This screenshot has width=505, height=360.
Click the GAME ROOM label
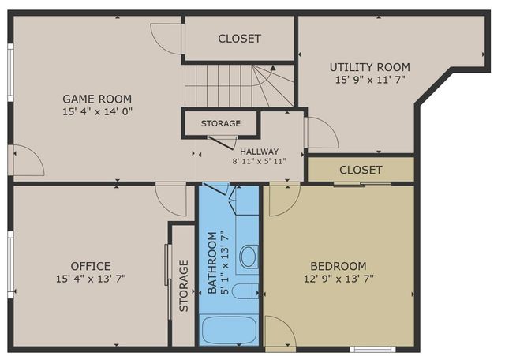pyautogui.click(x=97, y=99)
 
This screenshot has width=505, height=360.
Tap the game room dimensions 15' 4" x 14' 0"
pyautogui.click(x=97, y=111)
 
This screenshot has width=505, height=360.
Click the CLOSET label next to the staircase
pyautogui.click(x=239, y=38)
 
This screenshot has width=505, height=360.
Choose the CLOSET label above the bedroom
pyautogui.click(x=361, y=170)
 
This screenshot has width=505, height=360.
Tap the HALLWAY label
pyautogui.click(x=260, y=151)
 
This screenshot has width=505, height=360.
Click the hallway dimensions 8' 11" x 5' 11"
pyautogui.click(x=259, y=161)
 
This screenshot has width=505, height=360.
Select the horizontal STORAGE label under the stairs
pyautogui.click(x=220, y=124)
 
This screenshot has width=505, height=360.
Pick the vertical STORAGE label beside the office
pyautogui.click(x=183, y=285)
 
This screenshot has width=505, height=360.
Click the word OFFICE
pyautogui.click(x=91, y=266)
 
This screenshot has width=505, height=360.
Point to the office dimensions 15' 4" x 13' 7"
pyautogui.click(x=91, y=279)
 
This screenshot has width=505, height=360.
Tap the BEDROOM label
pyautogui.click(x=339, y=266)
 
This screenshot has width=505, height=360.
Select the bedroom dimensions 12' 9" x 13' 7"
pyautogui.click(x=339, y=279)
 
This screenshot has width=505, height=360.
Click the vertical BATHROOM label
pyautogui.click(x=211, y=263)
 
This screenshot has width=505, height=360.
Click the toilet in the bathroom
pyautogui.click(x=245, y=291)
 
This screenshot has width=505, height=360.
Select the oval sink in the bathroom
pyautogui.click(x=249, y=256)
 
